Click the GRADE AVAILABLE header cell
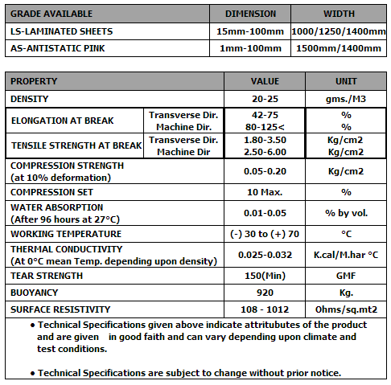pyautogui.click(x=52, y=14)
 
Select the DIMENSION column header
pyautogui.click(x=250, y=14)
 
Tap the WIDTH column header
pyautogui.click(x=339, y=14)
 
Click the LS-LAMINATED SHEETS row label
pyautogui.click(x=62, y=31)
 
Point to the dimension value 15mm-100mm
pyautogui.click(x=250, y=31)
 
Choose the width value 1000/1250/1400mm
pyautogui.click(x=339, y=31)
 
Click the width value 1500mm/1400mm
pyautogui.click(x=339, y=48)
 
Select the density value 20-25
pyautogui.click(x=265, y=98)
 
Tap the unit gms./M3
pyautogui.click(x=346, y=98)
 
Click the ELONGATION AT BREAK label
pyautogui.click(x=63, y=121)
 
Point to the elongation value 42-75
pyautogui.click(x=265, y=115)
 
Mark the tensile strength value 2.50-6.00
pyautogui.click(x=265, y=152)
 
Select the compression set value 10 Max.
pyautogui.click(x=265, y=192)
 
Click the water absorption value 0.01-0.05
pyautogui.click(x=265, y=212)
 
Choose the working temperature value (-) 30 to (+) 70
pyautogui.click(x=265, y=233)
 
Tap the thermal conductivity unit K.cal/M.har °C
pyautogui.click(x=346, y=254)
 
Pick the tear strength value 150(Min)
pyautogui.click(x=265, y=276)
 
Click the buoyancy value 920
pyautogui.click(x=265, y=293)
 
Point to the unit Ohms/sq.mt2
pyautogui.click(x=346, y=309)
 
